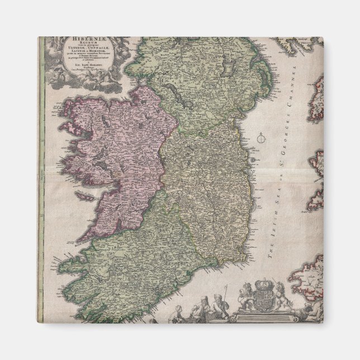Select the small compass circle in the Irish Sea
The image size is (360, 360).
[x=260, y=138]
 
